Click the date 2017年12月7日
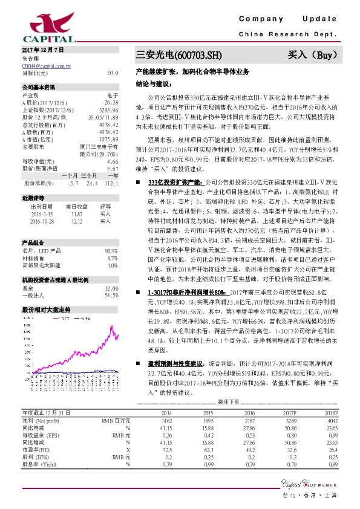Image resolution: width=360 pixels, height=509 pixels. pyautogui.click(x=43, y=48)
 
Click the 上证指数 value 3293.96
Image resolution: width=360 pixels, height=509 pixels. pyautogui.click(x=109, y=110)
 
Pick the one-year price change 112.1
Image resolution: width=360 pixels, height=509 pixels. pyautogui.click(x=110, y=182)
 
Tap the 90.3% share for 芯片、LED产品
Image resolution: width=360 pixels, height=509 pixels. pyautogui.click(x=111, y=250)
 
